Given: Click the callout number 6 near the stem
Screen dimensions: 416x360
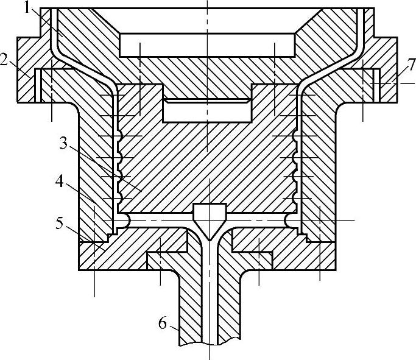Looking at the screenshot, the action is [162, 323].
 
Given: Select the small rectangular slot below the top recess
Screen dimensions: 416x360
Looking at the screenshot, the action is [207, 110].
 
